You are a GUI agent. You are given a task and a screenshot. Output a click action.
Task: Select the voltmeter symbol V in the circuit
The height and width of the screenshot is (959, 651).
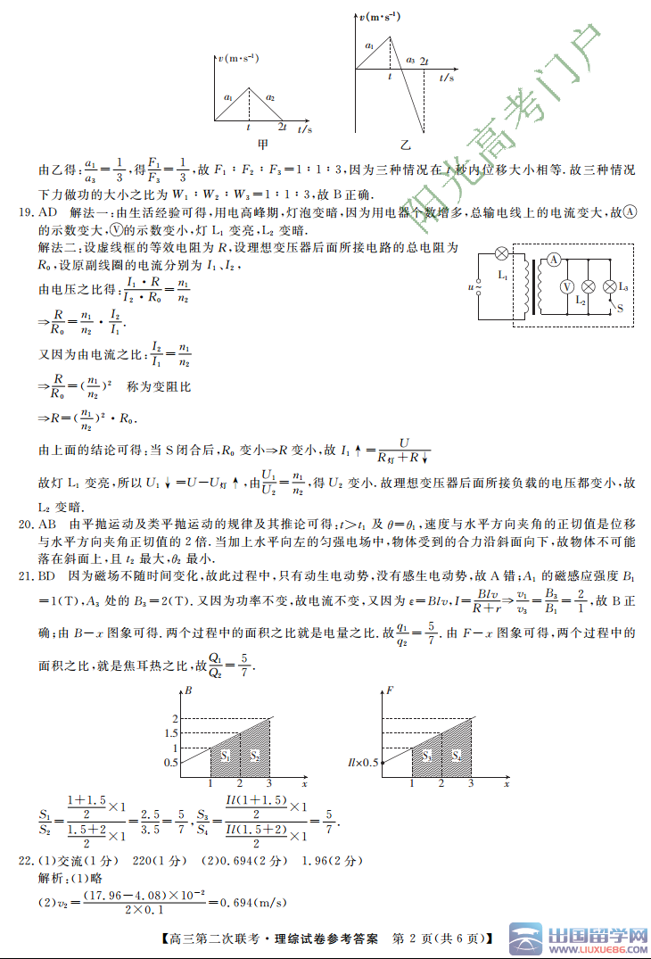pos(565,287)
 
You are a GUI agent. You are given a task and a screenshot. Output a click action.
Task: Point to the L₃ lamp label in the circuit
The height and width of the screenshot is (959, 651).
pos(622,287)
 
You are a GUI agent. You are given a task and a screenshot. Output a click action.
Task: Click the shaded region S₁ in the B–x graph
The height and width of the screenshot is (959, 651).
pos(226,756)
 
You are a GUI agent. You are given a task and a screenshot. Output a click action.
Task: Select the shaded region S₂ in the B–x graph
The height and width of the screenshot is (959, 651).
pos(255,756)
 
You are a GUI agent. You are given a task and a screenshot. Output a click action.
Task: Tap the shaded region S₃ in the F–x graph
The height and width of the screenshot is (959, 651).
pos(427,756)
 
